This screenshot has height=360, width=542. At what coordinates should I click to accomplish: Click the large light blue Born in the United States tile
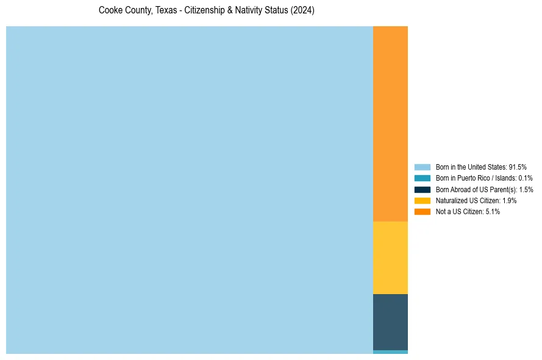189,190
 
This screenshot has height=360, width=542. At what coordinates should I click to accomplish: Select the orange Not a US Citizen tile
390,124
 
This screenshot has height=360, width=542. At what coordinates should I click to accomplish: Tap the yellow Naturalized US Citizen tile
390,257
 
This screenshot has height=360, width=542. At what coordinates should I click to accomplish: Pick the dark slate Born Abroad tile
390,322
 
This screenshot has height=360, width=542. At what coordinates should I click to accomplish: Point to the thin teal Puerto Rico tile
390,352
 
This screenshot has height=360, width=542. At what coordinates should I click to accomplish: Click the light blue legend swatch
422,167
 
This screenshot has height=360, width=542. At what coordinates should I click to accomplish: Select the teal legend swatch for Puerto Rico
422,178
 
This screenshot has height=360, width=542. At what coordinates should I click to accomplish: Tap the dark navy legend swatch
422,189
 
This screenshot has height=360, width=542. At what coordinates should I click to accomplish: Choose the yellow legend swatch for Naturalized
422,200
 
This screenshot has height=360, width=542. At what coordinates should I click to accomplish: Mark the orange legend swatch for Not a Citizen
422,211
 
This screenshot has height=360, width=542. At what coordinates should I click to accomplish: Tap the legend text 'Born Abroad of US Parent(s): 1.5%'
484,189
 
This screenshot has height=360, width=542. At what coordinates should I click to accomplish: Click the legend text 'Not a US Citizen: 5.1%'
468,211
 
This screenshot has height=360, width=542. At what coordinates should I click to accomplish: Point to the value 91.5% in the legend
517,167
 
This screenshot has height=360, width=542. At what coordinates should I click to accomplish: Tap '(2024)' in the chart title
302,11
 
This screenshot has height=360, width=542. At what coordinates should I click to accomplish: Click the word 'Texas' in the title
165,11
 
